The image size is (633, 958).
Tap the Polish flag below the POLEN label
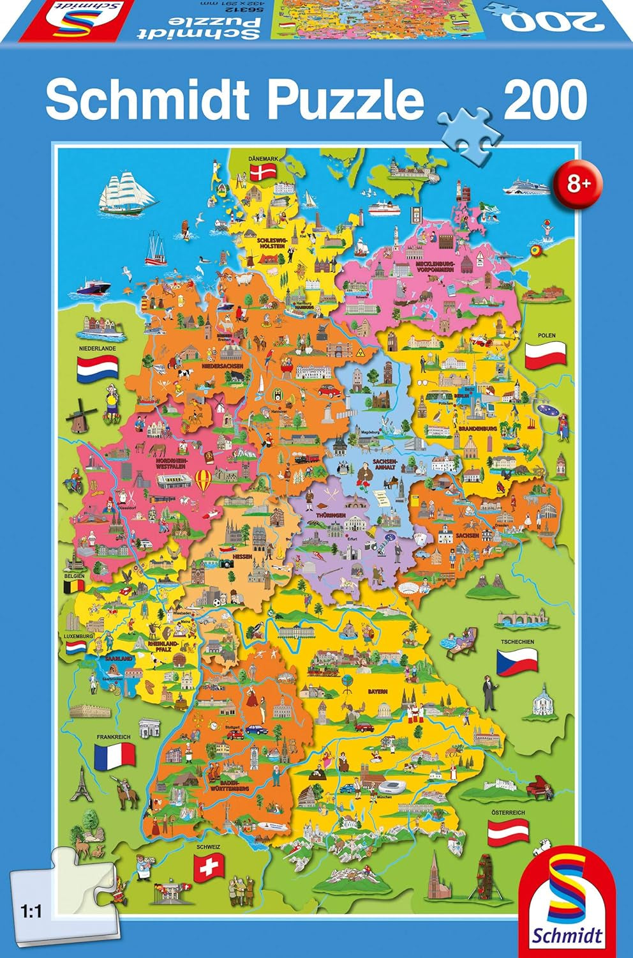point(546,352)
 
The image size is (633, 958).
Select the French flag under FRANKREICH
point(114,756)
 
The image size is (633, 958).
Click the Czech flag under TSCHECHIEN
point(517,660)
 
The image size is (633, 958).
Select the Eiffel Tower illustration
point(79,784)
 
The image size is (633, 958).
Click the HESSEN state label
point(242,556)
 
